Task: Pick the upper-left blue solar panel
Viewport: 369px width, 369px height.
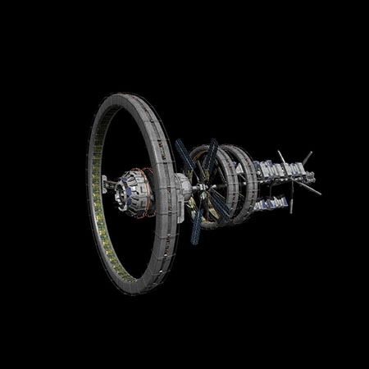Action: point(184,159)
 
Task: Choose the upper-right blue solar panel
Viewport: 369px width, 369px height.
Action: point(211,156)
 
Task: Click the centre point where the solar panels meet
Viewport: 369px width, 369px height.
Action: point(204,190)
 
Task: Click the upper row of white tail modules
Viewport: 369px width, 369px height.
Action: point(279,170)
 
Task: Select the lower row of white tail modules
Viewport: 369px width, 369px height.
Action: point(271,201)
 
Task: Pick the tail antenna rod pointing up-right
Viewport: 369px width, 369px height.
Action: point(306,156)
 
